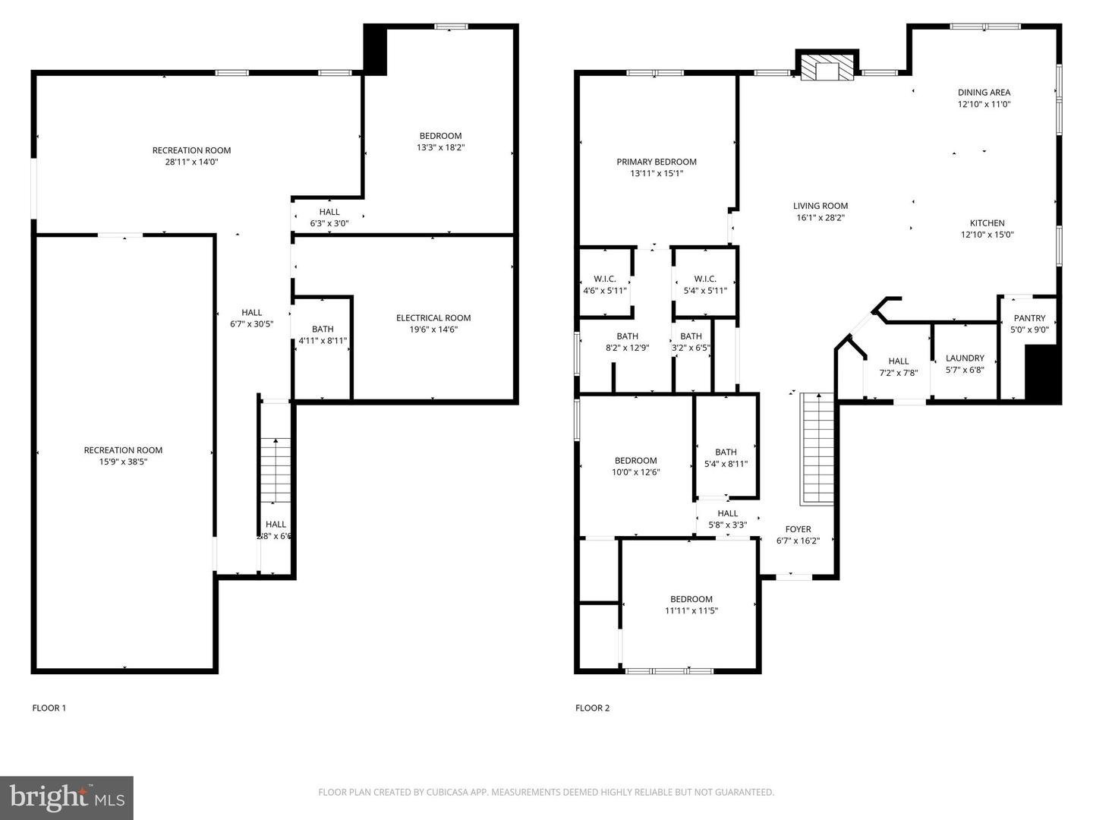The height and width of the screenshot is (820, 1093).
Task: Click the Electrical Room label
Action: click(x=433, y=317)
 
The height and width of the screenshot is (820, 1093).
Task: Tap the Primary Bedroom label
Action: click(x=657, y=162)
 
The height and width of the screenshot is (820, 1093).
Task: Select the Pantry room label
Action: click(x=1029, y=318)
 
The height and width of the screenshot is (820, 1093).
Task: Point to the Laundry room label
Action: click(x=965, y=358)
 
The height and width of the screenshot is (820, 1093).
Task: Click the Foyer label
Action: click(x=798, y=529)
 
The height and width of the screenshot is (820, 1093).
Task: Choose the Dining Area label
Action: click(x=984, y=92)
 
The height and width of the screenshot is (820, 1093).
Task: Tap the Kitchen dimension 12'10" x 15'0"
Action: click(x=987, y=235)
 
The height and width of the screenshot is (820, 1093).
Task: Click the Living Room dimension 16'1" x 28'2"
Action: click(x=820, y=218)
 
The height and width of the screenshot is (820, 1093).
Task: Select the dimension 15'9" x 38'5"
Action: click(x=123, y=462)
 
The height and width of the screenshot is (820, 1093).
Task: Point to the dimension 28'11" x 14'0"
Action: click(x=192, y=162)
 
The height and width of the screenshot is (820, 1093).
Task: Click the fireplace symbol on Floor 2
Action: click(x=827, y=66)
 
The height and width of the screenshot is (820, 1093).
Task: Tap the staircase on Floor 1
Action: click(x=276, y=471)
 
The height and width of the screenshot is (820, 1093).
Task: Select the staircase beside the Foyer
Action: click(x=817, y=449)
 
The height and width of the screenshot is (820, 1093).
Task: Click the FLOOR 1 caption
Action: click(x=49, y=708)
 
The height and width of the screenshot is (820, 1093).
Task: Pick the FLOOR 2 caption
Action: click(x=592, y=708)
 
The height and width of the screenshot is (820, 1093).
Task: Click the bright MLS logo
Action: click(x=67, y=797)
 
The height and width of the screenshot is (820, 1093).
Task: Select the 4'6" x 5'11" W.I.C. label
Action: click(x=604, y=285)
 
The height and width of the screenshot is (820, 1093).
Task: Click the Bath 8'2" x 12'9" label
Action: click(x=627, y=342)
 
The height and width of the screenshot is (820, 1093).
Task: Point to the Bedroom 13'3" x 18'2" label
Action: click(x=440, y=141)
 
